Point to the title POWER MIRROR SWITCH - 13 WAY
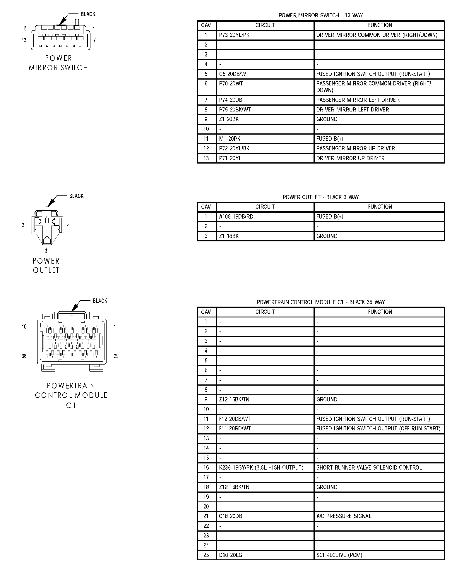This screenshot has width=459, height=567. tap(321, 15)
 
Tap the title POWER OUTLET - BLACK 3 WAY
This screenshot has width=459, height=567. tap(321, 197)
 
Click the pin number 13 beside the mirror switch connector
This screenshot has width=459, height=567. tap(24, 40)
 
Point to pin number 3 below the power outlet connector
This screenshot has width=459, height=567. tap(46, 251)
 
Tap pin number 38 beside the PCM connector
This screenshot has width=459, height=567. tap(24, 356)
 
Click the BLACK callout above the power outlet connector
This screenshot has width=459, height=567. tap(76, 196)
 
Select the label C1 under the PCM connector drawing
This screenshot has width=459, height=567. tap(71, 406)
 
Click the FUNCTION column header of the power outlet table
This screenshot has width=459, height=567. tap(380, 207)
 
